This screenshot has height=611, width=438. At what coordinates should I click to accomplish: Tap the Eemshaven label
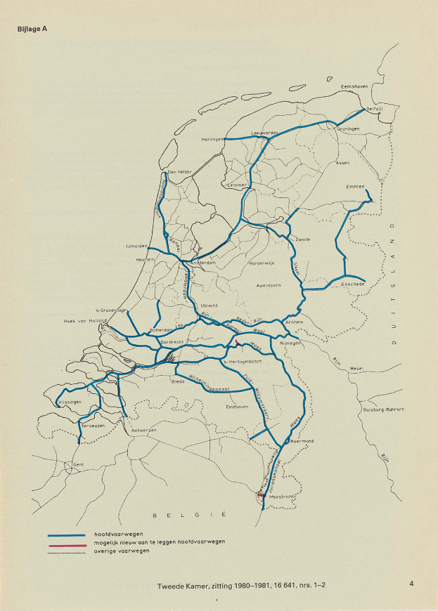click(354, 86)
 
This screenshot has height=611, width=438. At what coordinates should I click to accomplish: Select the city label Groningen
click(349, 129)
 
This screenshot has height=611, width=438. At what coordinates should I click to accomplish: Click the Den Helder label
click(180, 171)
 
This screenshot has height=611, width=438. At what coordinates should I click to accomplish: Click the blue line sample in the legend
click(66, 535)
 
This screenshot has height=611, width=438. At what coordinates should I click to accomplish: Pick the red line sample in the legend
click(66, 543)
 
